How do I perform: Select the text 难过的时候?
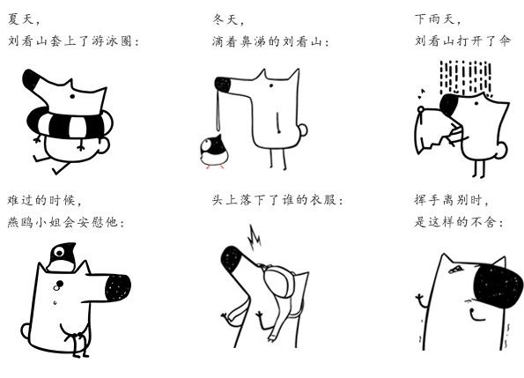click(x=44, y=200)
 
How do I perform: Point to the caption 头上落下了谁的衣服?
click(x=277, y=200)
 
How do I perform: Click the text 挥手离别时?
click(x=449, y=200)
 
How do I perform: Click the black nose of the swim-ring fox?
click(x=33, y=82)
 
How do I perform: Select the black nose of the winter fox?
click(x=223, y=85)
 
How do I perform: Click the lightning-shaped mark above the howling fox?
click(x=256, y=235)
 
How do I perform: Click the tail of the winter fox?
click(x=302, y=130)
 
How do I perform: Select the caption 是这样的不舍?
click(x=458, y=222)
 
